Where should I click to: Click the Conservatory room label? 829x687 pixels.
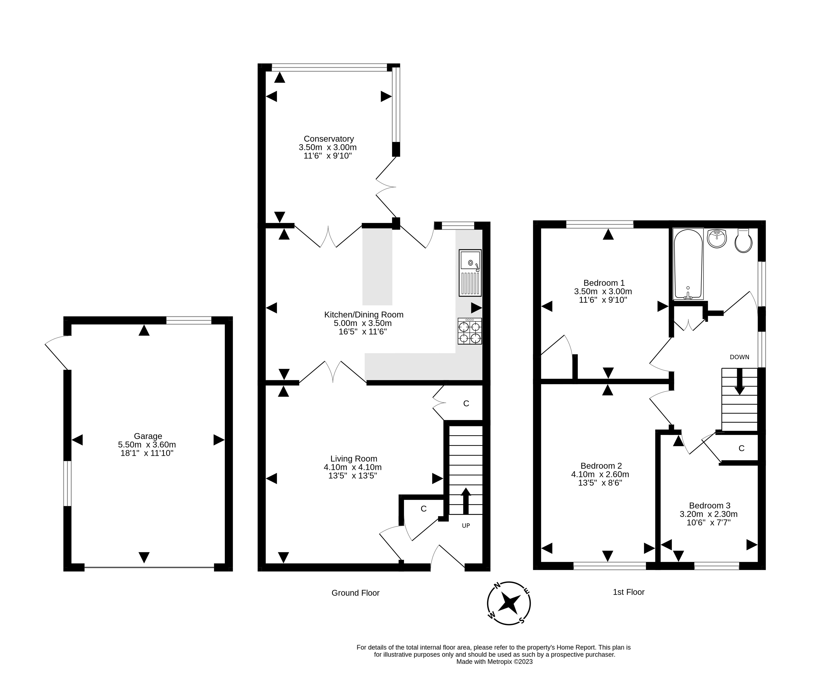click(x=328, y=139)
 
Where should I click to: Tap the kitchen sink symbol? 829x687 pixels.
click(x=470, y=273)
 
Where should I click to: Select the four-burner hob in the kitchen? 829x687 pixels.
click(x=470, y=331)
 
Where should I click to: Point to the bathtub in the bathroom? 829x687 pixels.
click(x=688, y=264)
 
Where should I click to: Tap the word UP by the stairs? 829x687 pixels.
click(x=466, y=526)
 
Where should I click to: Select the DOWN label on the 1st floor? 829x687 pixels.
click(x=739, y=357)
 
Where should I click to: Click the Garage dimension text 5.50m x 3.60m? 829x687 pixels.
click(x=147, y=445)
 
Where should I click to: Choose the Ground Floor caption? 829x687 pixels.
click(x=355, y=593)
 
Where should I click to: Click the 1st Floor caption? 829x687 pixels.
click(x=628, y=592)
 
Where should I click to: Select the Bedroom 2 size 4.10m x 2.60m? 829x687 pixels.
click(x=600, y=474)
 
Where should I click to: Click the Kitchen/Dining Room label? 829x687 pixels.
click(x=364, y=315)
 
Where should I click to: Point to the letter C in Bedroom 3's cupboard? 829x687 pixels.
click(x=741, y=448)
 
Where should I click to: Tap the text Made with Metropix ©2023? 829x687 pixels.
click(x=495, y=662)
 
